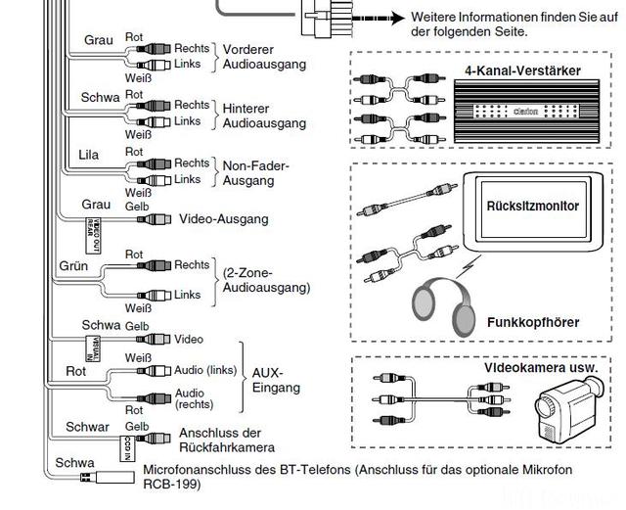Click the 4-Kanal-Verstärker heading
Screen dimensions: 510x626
tap(537, 70)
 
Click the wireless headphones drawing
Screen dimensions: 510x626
tap(453, 303)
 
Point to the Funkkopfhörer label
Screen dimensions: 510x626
tap(532, 322)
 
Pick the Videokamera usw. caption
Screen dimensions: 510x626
tap(540, 368)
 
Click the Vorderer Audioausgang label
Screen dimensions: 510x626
tap(263, 57)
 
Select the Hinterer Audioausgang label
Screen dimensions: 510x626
tap(263, 116)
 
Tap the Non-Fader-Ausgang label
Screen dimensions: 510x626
tap(256, 173)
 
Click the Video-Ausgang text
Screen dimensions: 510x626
tap(224, 219)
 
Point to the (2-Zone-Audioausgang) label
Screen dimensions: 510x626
tap(266, 280)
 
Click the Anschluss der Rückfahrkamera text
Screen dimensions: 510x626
tap(221, 440)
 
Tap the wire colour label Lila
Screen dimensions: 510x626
tap(89, 156)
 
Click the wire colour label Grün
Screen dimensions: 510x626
tap(74, 265)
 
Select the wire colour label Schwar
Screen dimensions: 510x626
tap(88, 427)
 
